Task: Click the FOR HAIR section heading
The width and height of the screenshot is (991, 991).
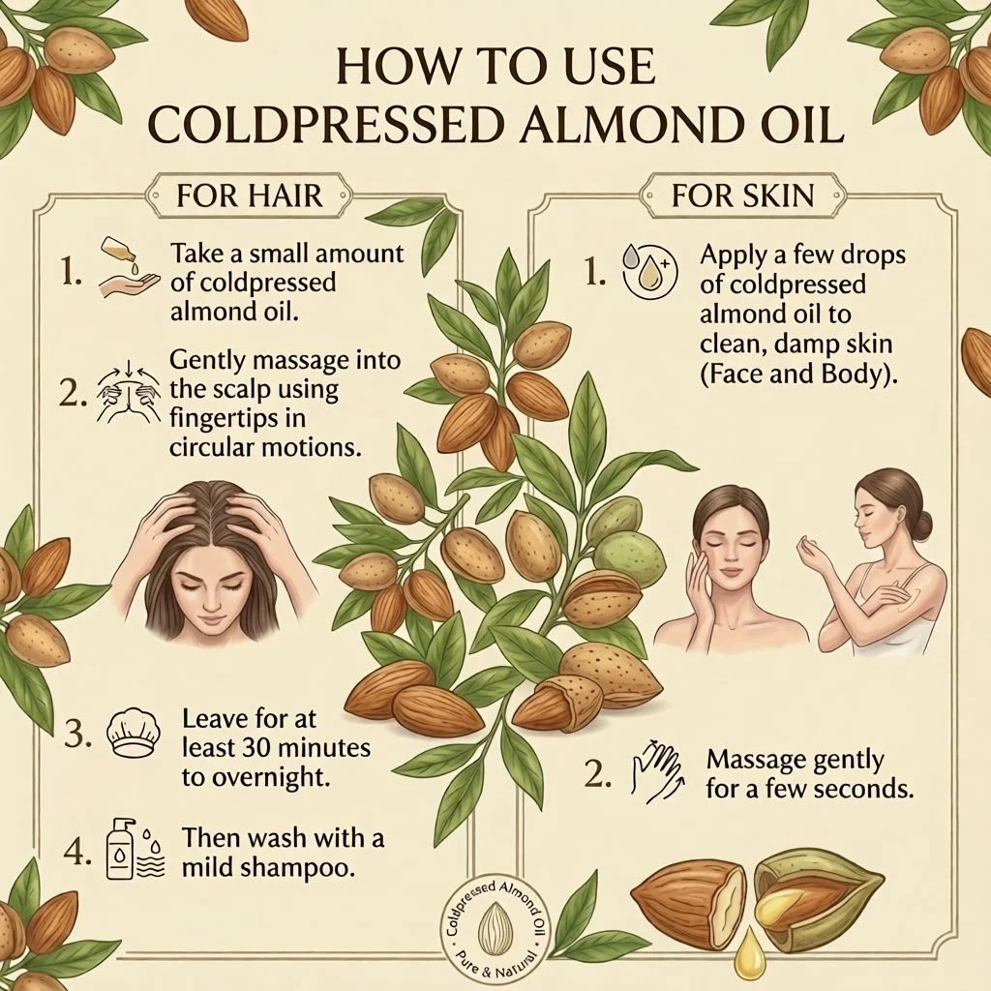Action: tap(249, 195)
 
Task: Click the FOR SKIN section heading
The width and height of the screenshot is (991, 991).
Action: tap(742, 195)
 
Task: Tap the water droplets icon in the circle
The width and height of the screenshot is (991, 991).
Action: tap(649, 271)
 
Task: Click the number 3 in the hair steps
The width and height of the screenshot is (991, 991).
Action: tap(77, 734)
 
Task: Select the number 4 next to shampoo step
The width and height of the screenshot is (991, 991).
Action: tap(77, 854)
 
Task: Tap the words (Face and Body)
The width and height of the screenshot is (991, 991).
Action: tap(798, 375)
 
